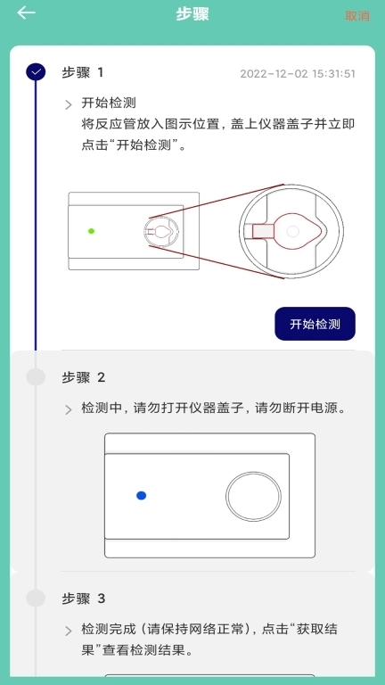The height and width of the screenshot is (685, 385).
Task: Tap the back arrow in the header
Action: [x=27, y=12]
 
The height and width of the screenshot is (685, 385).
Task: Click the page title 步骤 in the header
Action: [x=192, y=14]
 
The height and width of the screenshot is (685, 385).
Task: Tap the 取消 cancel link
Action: [x=357, y=15]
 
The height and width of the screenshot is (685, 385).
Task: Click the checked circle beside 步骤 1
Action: [x=36, y=73]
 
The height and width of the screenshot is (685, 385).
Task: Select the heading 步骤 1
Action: [x=83, y=73]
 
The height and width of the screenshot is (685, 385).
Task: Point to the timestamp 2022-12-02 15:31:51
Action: [x=298, y=74]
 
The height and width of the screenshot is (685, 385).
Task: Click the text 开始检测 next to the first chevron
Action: [x=108, y=103]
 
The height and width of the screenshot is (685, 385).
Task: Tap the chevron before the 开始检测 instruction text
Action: [x=69, y=104]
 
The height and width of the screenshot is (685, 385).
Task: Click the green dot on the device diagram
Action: [x=91, y=231]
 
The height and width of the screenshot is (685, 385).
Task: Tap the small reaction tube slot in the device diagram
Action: [x=160, y=231]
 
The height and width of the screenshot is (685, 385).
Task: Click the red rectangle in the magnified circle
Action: [x=264, y=231]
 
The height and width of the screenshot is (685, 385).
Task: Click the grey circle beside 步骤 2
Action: [x=36, y=377]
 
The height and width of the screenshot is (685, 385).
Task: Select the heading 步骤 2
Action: [x=83, y=377]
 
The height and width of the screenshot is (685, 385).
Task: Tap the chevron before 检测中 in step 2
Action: [x=69, y=410]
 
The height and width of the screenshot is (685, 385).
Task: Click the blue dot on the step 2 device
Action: [x=141, y=496]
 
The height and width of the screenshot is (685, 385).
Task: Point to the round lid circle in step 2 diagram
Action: [x=253, y=496]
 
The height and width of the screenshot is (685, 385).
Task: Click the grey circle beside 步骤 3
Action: [x=36, y=598]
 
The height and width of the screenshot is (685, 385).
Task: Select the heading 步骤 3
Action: [x=83, y=598]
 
